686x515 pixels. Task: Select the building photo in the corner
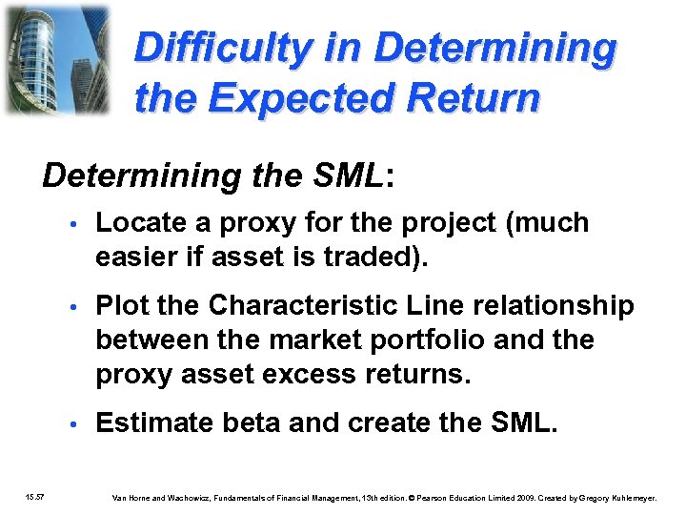(57, 59)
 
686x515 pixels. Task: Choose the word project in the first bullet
(444, 223)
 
